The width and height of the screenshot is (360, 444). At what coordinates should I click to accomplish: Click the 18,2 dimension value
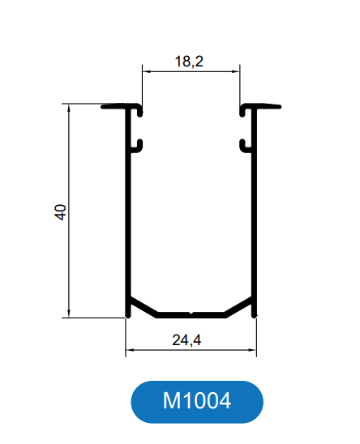pos(189,61)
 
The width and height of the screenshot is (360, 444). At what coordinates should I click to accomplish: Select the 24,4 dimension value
pos(186,339)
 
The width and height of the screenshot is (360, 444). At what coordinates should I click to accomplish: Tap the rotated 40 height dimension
pos(60,211)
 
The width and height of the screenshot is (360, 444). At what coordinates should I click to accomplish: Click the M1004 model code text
pos(197,401)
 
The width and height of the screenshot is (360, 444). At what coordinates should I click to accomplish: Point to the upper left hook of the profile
pos(139,110)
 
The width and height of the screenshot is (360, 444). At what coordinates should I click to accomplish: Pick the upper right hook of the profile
pos(242,110)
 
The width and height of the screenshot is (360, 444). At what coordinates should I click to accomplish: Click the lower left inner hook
pos(139,146)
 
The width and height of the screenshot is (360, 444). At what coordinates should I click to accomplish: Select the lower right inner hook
pos(243,146)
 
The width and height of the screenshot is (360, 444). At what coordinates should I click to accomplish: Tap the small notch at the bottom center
pos(191,313)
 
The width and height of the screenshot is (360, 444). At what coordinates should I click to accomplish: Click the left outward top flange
pos(114,107)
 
